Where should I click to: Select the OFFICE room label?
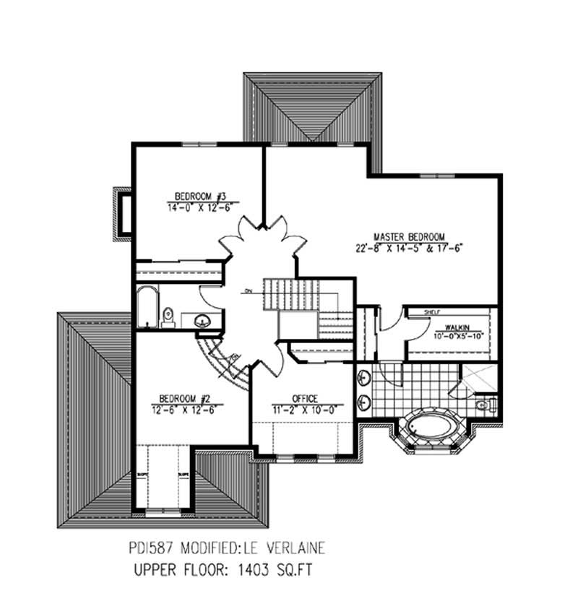coord(306,398)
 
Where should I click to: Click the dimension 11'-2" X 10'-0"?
coord(306,408)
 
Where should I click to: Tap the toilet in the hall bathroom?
coord(168,316)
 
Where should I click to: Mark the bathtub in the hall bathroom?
coord(147,307)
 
